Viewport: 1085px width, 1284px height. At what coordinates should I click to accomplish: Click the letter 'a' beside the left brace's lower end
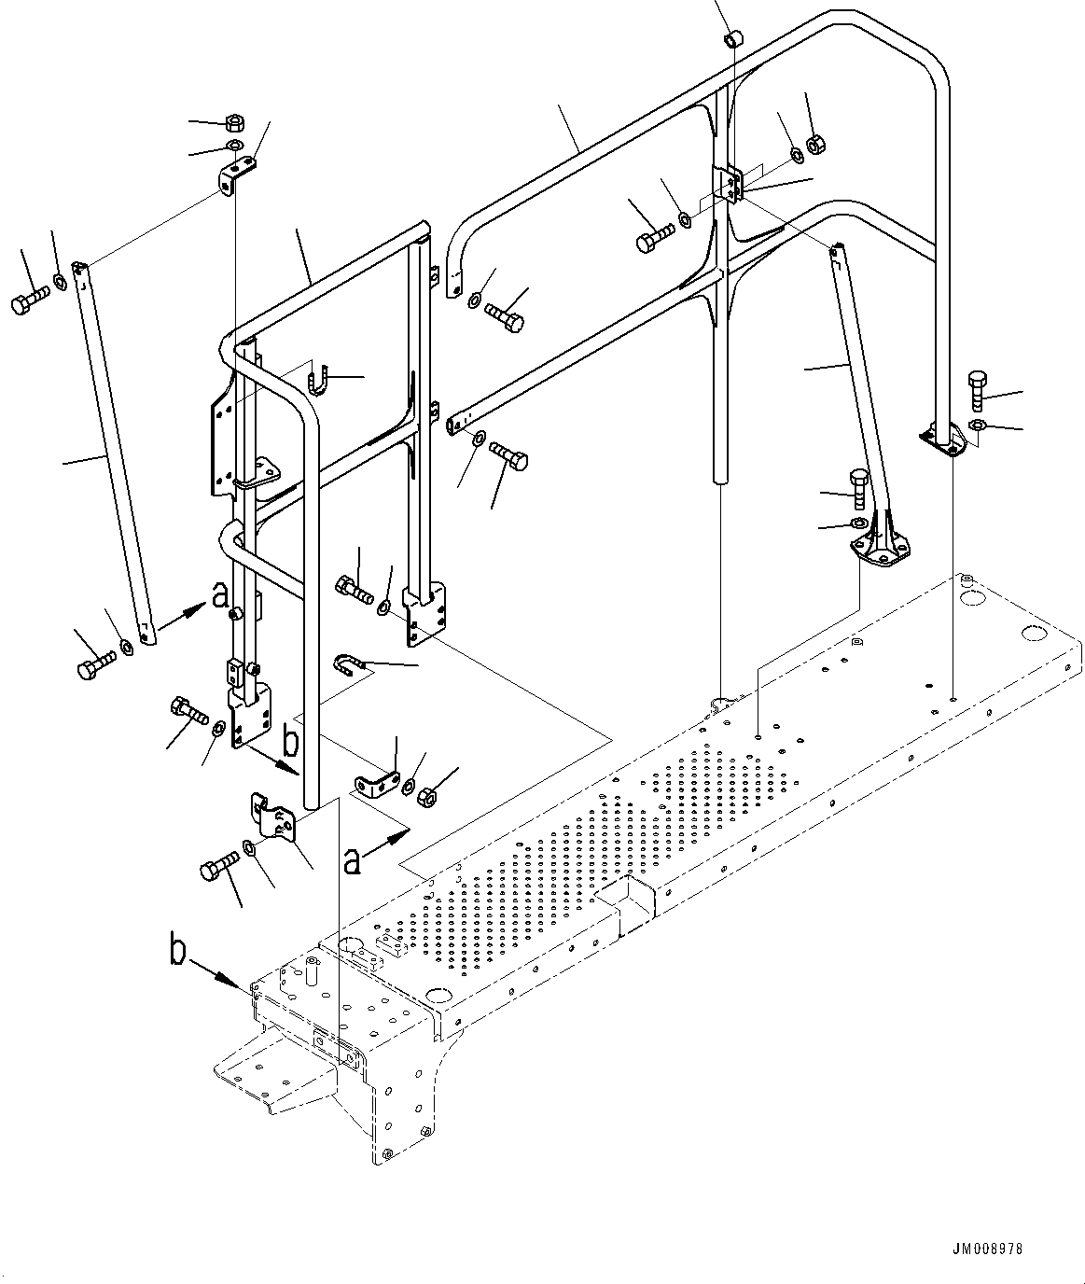(219, 594)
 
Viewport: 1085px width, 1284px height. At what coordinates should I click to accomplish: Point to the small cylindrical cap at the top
(733, 39)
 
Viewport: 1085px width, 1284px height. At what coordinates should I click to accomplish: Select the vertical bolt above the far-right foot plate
(977, 390)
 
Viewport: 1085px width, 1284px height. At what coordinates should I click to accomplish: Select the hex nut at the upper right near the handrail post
(814, 144)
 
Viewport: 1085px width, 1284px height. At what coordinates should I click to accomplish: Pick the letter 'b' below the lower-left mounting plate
(291, 743)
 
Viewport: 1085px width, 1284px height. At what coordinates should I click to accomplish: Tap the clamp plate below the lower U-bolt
(375, 786)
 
